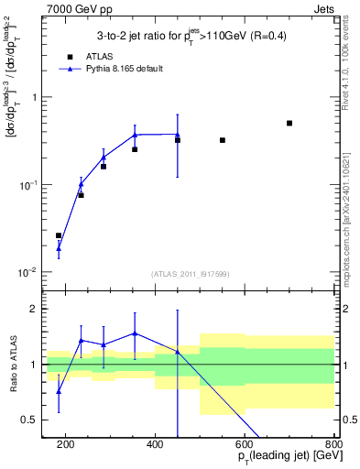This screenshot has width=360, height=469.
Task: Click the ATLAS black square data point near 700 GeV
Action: coord(289,123)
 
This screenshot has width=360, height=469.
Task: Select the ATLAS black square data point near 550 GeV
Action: coord(223,140)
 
